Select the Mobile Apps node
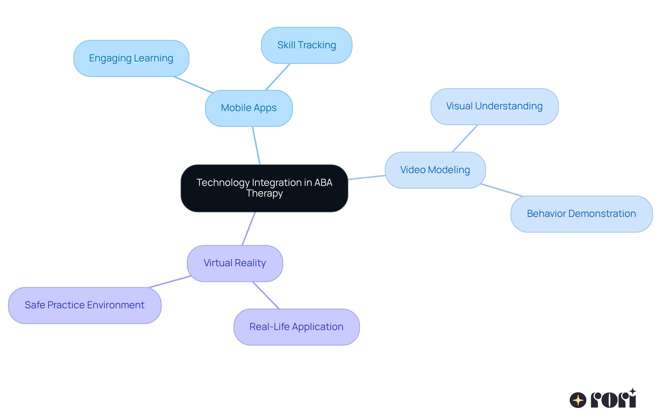point(249,108)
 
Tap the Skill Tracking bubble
point(306,45)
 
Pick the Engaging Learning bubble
point(131,58)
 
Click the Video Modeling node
point(435,170)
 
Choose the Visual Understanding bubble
point(494,106)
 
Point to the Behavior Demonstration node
point(581,214)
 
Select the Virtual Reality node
point(235,263)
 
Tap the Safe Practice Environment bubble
point(85,305)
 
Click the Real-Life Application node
point(296,327)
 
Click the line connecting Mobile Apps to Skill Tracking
point(278,77)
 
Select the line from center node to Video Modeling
point(367,177)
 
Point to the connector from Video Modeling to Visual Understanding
point(465,138)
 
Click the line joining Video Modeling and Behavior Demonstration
point(502,190)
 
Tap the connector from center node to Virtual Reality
point(249,229)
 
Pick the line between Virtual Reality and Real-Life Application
point(266,295)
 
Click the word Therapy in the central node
point(264,193)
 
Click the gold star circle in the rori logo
point(578,400)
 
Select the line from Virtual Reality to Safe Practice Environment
point(169,282)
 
